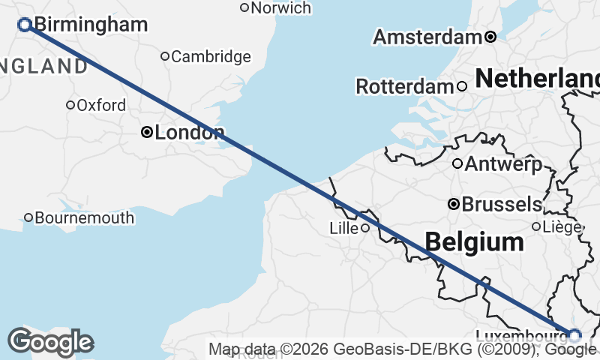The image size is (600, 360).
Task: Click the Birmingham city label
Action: [x=91, y=25]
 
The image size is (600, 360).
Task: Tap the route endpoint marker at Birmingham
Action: [x=24, y=25]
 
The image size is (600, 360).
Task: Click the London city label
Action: [x=189, y=133]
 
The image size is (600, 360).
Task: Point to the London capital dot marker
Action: [x=147, y=133]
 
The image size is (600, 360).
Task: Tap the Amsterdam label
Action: [x=427, y=37]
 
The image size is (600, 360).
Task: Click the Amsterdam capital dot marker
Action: [x=490, y=37]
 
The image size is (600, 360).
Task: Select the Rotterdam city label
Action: [x=405, y=86]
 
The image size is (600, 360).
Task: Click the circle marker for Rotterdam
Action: [x=462, y=86]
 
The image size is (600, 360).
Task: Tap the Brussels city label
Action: [x=502, y=204]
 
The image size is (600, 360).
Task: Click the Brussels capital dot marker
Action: [x=453, y=204]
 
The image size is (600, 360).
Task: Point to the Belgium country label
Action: [x=474, y=241]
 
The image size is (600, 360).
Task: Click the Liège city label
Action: [x=562, y=226]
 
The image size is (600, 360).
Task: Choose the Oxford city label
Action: [x=101, y=105]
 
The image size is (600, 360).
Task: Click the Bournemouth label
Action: [x=85, y=218]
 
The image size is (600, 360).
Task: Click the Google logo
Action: [x=50, y=342]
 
